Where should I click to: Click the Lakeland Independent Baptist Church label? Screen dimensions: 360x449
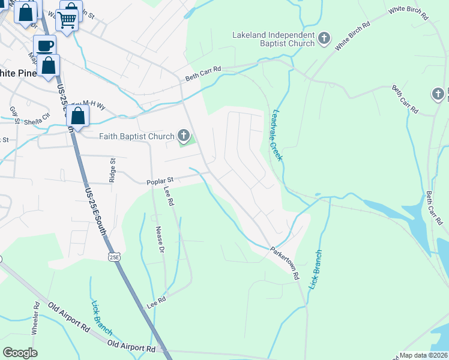273,39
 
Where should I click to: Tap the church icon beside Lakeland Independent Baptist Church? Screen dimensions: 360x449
324,39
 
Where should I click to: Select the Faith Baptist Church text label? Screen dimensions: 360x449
136,136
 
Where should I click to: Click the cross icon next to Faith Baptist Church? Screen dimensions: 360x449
184,136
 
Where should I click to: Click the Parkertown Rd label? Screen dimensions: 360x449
284,264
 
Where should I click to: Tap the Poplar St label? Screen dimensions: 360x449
160,180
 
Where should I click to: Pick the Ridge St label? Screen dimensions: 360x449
112,170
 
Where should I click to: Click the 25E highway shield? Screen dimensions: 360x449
114,257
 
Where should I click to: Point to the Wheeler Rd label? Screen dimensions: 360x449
35,318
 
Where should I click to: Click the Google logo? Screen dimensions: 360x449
20,353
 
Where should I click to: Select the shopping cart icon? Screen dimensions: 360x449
68,19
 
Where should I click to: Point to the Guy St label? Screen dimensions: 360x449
13,114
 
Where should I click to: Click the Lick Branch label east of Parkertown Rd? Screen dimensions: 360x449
316,270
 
